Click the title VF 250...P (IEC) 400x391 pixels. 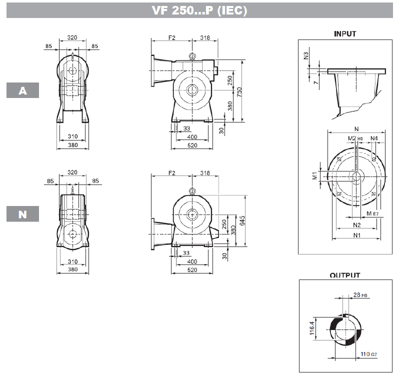tap(199, 11)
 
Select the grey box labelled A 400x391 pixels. tap(22, 90)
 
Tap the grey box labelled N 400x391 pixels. tap(22, 214)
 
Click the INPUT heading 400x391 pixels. tap(345, 34)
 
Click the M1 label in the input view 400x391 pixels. tap(314, 176)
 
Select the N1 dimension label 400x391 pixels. tap(356, 234)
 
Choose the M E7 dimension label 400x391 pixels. tap(372, 213)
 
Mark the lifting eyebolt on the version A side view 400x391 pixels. tap(192, 56)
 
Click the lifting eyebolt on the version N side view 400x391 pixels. tap(192, 190)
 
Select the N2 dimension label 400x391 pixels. tap(357, 224)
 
